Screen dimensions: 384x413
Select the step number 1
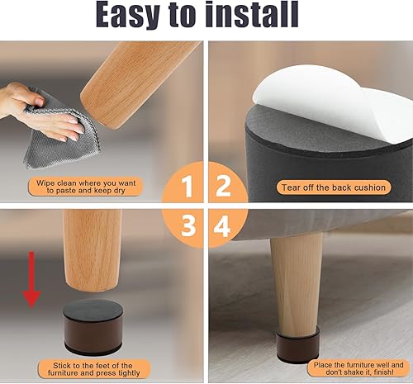[188, 187]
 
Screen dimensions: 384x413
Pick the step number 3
[188, 225]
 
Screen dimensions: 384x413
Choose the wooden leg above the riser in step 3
[93, 248]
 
